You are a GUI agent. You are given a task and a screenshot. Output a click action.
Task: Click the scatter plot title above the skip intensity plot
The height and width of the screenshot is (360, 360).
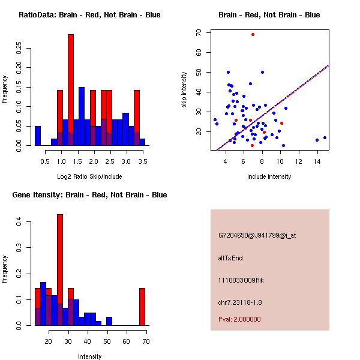(269, 15)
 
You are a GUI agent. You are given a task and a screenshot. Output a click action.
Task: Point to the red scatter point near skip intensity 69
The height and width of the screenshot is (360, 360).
(253, 34)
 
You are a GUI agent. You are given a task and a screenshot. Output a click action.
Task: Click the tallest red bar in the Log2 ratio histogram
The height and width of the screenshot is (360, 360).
(71, 84)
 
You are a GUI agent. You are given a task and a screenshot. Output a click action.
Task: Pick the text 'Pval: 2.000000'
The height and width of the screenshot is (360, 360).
(239, 319)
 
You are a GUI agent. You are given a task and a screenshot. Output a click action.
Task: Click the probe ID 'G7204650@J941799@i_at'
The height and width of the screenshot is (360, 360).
(257, 235)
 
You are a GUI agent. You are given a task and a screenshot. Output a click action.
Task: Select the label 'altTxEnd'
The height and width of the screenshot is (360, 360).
(230, 258)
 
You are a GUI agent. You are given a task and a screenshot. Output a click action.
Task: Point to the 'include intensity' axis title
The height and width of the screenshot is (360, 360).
(269, 176)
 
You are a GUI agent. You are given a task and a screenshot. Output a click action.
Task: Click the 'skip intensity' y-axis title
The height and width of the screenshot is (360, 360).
(185, 89)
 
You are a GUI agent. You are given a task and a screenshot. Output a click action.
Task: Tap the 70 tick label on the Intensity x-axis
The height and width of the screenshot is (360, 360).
(146, 342)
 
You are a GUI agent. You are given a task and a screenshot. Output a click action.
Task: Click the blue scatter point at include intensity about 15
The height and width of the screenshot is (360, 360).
(325, 137)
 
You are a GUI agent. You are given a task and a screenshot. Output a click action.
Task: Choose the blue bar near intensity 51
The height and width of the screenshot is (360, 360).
(109, 321)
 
